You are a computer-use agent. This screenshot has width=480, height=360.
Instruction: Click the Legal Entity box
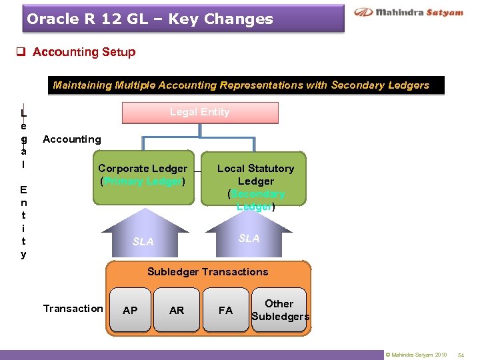pos(199,113)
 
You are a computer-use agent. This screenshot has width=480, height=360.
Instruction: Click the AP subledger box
pos(131,310)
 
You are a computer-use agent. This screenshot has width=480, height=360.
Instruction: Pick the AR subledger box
pos(177,310)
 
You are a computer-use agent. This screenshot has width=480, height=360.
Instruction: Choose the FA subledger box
pos(225,310)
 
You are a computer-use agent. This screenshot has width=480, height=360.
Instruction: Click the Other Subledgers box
pos(279,309)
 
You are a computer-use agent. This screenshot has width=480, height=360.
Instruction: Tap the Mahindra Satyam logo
pos(409,13)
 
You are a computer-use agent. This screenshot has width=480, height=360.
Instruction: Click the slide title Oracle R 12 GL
pos(150,19)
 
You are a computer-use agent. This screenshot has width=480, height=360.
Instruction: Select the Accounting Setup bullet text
pos(84,52)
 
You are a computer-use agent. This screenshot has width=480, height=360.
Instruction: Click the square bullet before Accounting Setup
pos(22,52)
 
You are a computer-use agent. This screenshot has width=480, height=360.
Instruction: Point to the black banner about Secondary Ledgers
pos(241,85)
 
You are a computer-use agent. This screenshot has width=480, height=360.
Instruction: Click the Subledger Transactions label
pos(207,272)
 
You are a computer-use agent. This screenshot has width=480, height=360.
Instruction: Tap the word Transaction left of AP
pos(73,308)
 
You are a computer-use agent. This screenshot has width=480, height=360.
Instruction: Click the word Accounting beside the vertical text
pos(72,139)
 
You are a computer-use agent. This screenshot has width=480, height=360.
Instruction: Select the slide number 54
pos(461,355)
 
